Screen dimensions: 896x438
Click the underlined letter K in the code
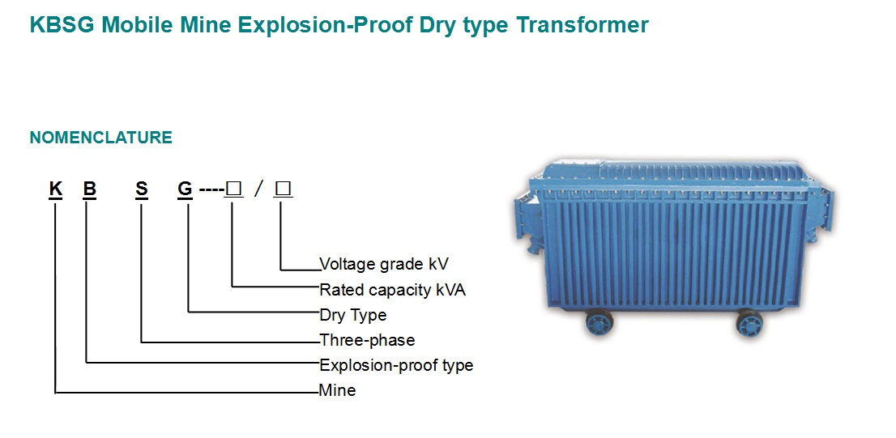(55, 189)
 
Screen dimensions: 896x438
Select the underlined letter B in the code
(89, 189)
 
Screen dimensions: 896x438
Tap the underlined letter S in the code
(142, 189)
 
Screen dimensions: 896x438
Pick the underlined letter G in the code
(186, 189)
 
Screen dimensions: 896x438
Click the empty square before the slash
(233, 189)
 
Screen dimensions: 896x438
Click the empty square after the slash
(283, 189)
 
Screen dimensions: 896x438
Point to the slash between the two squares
(259, 189)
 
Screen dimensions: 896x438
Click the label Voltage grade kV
(384, 264)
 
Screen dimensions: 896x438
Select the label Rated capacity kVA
(393, 290)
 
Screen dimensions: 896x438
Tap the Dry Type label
(353, 315)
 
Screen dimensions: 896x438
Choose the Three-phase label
(368, 340)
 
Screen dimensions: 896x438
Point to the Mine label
(338, 390)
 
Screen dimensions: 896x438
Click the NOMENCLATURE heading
(101, 138)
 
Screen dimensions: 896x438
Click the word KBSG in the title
(62, 25)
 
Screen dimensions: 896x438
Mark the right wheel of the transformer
(749, 323)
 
